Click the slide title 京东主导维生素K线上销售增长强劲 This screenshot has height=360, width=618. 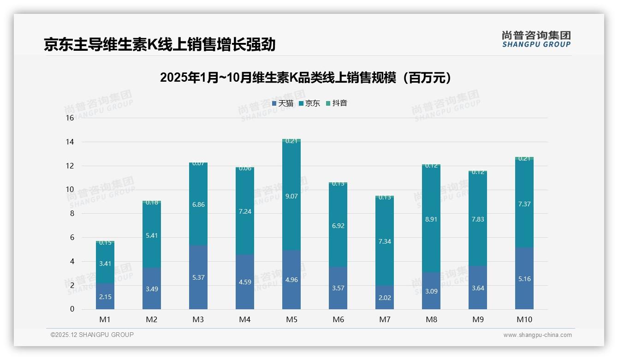point(159,44)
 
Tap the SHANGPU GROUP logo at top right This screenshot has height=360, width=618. point(536,39)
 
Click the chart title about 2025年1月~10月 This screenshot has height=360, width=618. point(305,78)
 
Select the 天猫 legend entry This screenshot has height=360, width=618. point(283,103)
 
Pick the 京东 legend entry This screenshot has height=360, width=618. point(309,103)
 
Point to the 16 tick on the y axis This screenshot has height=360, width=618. point(70,118)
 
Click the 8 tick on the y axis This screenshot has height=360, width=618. point(71,214)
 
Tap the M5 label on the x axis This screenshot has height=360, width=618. point(291,319)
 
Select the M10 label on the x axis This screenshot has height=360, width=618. point(524,319)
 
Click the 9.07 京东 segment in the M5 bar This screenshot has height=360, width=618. point(291,196)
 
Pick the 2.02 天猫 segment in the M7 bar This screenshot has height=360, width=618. point(385,297)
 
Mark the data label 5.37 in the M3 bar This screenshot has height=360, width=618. point(198,277)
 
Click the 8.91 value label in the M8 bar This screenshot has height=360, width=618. point(431,219)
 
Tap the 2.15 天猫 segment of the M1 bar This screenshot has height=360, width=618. point(105,296)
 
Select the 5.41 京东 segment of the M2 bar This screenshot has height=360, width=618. point(152,235)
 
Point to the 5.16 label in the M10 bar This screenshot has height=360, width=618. point(524,279)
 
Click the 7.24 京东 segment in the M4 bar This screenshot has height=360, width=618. point(245,211)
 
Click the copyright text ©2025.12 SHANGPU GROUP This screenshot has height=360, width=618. point(92,335)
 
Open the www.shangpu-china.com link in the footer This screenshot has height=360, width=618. point(537,335)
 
